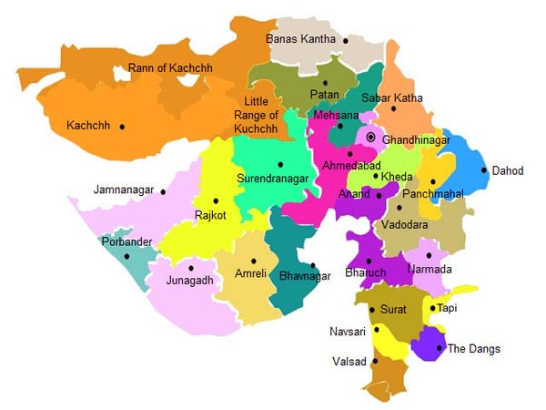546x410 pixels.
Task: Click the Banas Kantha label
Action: pos(300,39)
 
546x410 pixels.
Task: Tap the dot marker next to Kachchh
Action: pos(122,127)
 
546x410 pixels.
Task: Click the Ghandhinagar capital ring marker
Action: pos(370,138)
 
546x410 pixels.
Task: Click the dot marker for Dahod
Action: pos(483,170)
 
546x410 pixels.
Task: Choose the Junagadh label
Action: pos(191,281)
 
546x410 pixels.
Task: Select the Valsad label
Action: pos(349,362)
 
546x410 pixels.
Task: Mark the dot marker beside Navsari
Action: pos(375,330)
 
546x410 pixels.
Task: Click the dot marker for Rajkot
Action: pos(216,201)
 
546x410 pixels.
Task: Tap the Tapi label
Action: pos(447,308)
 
